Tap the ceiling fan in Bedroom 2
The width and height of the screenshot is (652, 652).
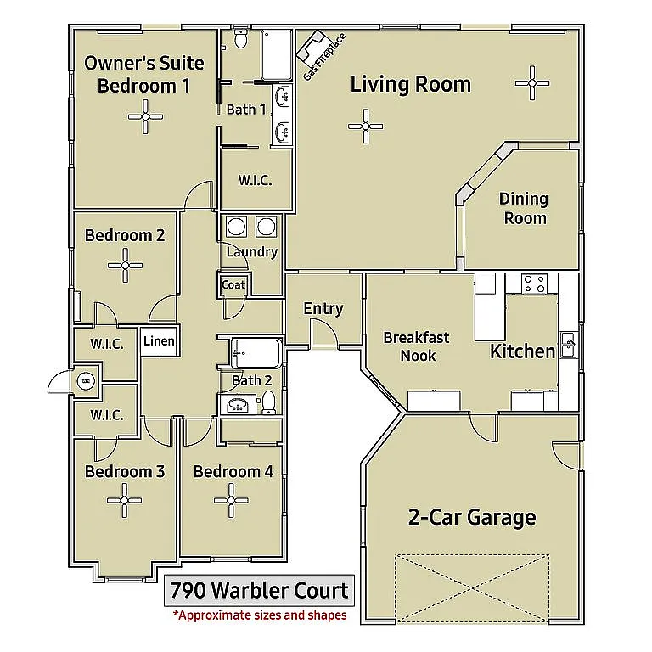tap(125, 265)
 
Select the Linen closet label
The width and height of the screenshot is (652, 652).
tap(159, 341)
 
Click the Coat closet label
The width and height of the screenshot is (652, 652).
tap(233, 285)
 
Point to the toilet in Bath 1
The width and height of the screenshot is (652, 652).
tap(240, 38)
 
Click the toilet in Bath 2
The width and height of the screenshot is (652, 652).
tap(268, 402)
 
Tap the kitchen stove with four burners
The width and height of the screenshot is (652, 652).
tap(534, 284)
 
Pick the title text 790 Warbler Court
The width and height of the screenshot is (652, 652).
tap(259, 590)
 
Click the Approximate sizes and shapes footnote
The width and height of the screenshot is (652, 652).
tap(259, 615)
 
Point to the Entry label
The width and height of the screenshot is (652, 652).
tap(323, 308)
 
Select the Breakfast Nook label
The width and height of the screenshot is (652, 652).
tap(416, 346)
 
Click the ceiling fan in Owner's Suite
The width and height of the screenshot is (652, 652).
tap(145, 118)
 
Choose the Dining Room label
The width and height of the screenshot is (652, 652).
tap(523, 208)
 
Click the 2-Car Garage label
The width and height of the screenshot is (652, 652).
tap(471, 517)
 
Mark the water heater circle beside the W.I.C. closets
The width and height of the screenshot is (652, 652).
tap(86, 381)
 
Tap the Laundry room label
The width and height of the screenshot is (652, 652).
tap(252, 252)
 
